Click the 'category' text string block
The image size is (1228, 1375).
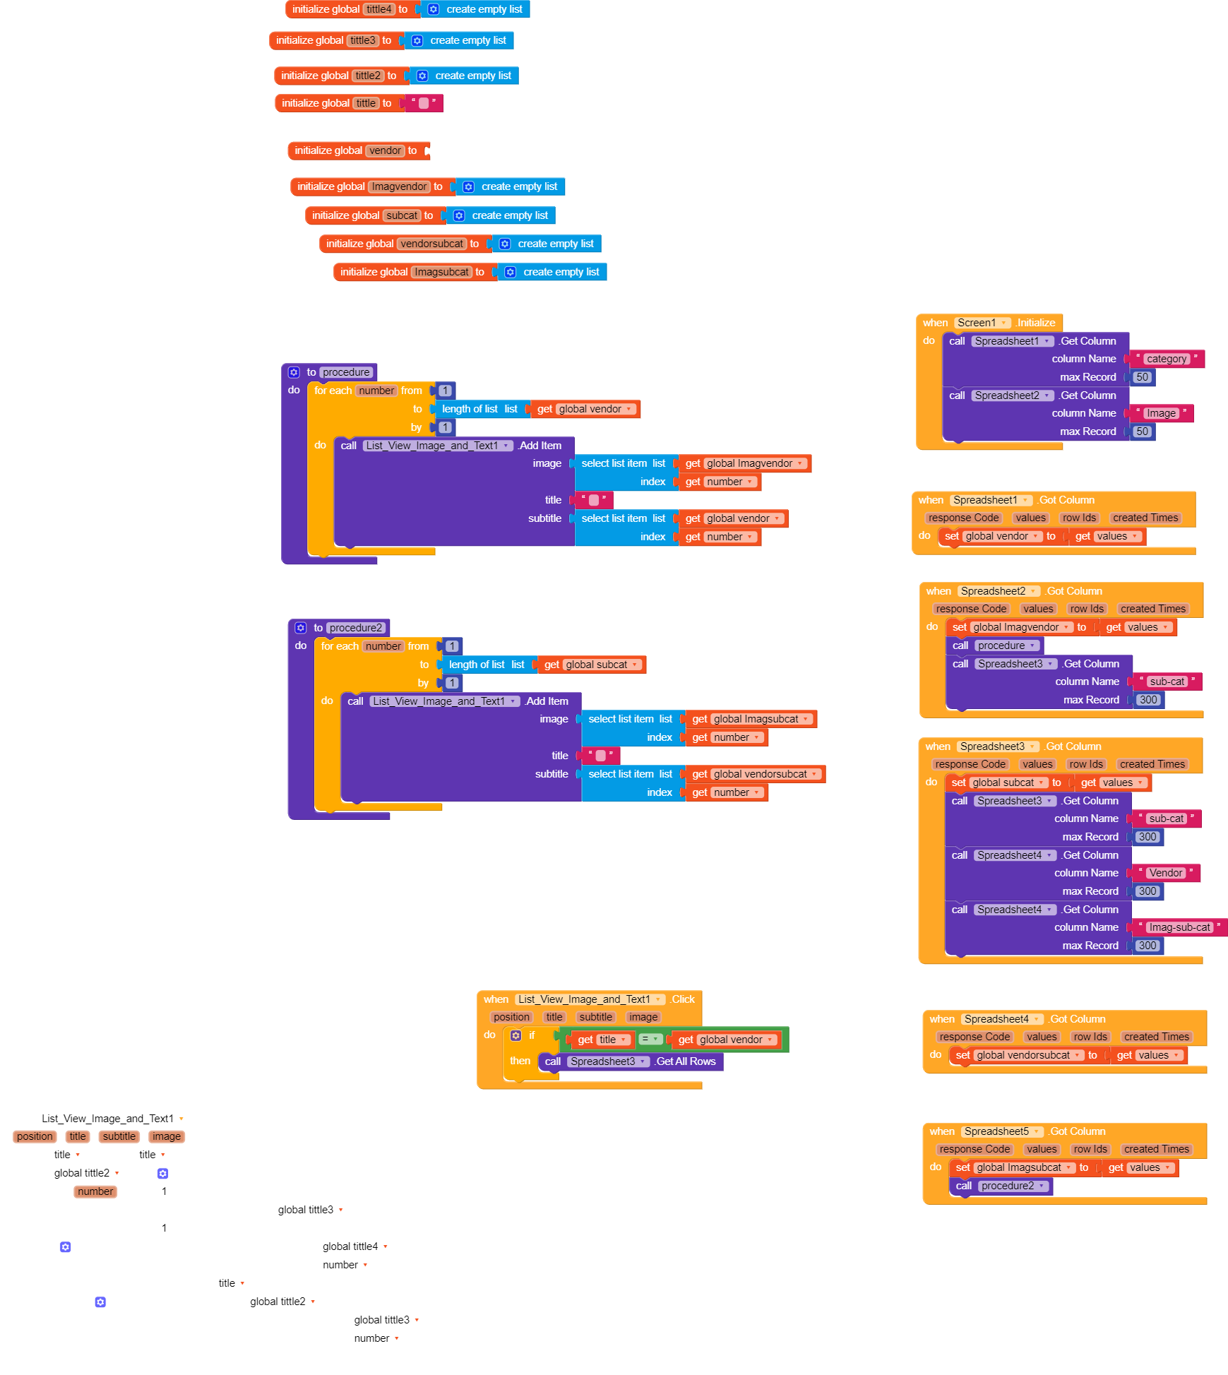[1167, 359]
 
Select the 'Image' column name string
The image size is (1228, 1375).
[1161, 413]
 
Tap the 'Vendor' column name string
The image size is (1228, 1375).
[1165, 873]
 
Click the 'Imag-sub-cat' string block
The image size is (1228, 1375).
[1179, 927]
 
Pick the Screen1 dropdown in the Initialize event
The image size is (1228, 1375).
[982, 323]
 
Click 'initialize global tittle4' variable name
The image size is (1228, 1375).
[379, 9]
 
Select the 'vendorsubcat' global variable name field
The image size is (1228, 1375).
[432, 244]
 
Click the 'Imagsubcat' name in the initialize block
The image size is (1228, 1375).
[442, 272]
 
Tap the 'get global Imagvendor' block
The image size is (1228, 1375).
[745, 463]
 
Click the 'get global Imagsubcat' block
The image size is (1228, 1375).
[751, 719]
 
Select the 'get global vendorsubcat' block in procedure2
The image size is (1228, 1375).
[756, 774]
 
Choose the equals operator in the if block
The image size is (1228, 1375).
[650, 1039]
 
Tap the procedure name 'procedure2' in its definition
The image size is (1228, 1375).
[356, 628]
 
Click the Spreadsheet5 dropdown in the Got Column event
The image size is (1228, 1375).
[1002, 1131]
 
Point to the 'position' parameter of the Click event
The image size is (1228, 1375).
[512, 1017]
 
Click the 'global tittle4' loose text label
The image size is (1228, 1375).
[350, 1246]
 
